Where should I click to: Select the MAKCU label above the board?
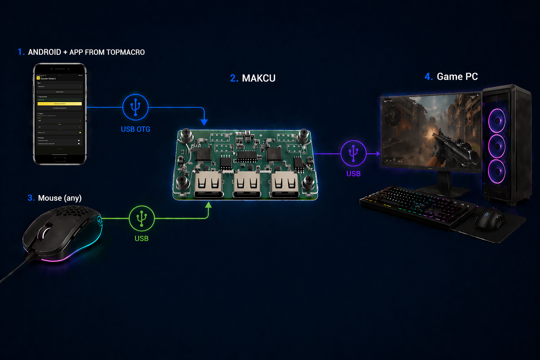258,78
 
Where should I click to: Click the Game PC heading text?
457,77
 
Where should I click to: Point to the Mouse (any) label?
59,198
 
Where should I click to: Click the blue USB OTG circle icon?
135,107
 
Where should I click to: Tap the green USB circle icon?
142,218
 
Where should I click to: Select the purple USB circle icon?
353,153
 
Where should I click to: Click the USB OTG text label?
135,129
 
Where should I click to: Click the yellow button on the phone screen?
60,104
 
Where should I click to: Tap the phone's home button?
60,159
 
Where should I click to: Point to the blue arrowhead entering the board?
204,122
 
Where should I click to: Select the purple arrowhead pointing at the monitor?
378,154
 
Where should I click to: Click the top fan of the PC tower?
497,121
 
